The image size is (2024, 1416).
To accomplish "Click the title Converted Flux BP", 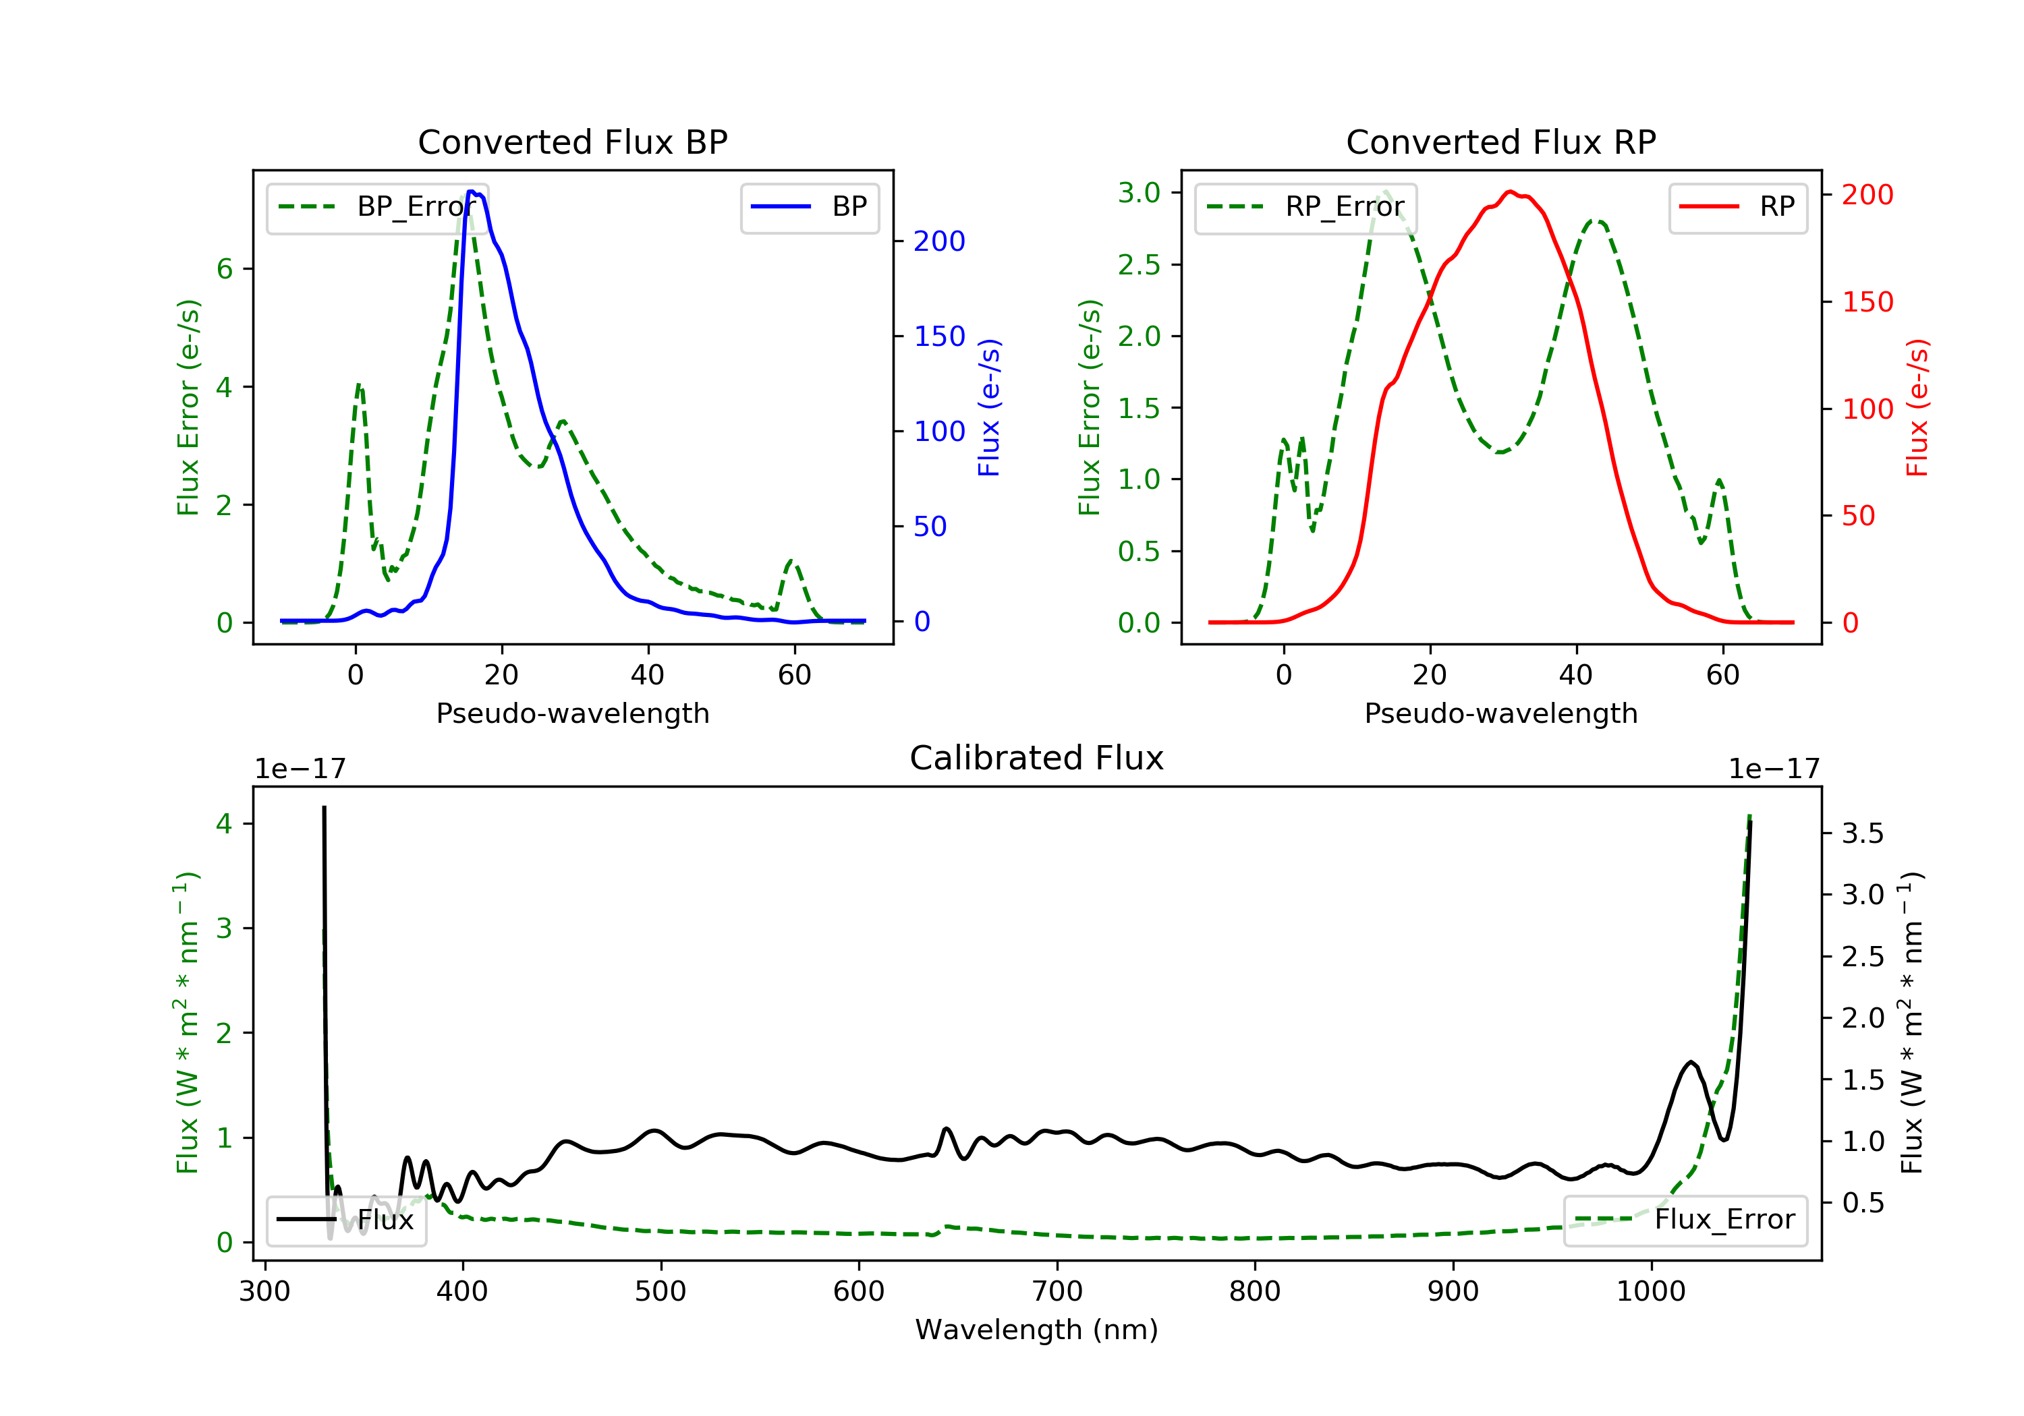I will (572, 142).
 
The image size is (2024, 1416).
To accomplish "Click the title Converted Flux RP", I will (1500, 142).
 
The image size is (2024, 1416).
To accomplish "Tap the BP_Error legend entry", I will (376, 207).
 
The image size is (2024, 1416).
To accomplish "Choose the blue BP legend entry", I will (809, 207).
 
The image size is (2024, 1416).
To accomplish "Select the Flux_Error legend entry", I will (1685, 1220).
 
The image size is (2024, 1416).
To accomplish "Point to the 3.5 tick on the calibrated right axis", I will (1862, 833).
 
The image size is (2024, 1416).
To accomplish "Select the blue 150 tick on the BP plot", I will (939, 336).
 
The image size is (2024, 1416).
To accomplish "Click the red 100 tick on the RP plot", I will (1867, 409).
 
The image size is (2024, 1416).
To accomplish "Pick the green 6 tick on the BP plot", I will (225, 269).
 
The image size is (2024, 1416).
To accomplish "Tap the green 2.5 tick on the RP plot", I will (1139, 265).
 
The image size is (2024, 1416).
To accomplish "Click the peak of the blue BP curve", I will (472, 191).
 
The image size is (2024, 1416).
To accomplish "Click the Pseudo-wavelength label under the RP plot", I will (1500, 713).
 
